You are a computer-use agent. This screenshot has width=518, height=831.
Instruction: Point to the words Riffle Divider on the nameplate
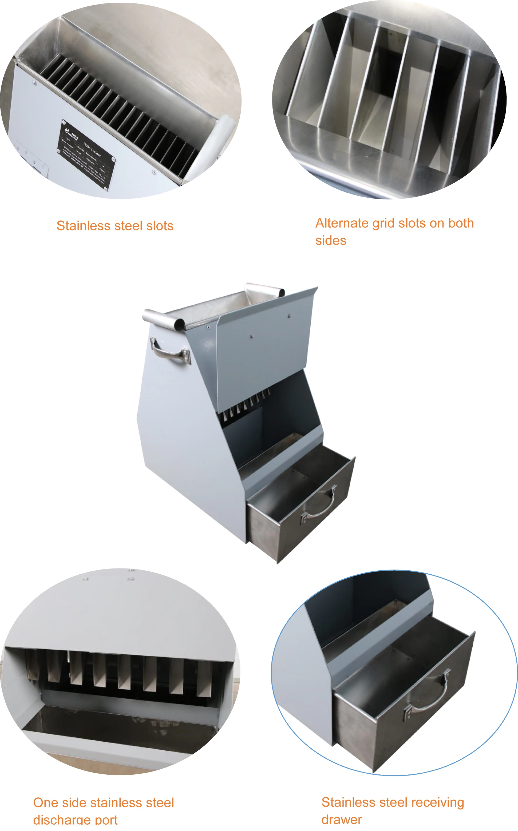[x=92, y=150]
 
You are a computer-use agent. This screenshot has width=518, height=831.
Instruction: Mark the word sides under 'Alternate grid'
[x=331, y=241]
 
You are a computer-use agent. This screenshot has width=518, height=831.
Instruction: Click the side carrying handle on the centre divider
[x=170, y=351]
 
